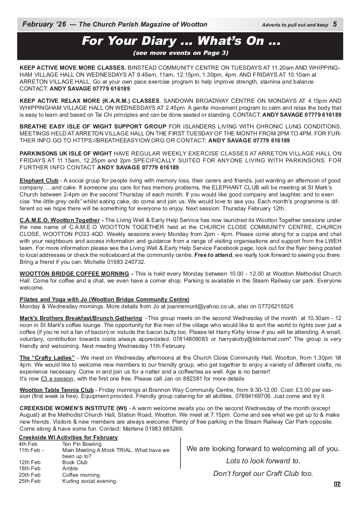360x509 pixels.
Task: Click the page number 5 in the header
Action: (334, 24)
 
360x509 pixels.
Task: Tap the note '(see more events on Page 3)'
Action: (180, 53)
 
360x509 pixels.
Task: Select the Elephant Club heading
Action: (39, 180)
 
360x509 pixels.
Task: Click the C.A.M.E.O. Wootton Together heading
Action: (60, 220)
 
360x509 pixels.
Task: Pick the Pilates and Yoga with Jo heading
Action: (104, 300)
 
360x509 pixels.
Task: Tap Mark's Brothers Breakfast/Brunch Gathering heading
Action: (81, 318)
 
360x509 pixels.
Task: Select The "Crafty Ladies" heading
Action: (47, 358)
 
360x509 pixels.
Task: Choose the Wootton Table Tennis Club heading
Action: (57, 390)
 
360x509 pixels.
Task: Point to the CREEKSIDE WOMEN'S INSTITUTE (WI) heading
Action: (73, 408)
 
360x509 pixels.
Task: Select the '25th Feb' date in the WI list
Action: (30, 481)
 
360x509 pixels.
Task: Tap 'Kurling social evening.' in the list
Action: (90, 481)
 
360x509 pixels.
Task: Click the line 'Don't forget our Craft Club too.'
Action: (263, 474)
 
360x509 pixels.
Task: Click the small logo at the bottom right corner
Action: (337, 484)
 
